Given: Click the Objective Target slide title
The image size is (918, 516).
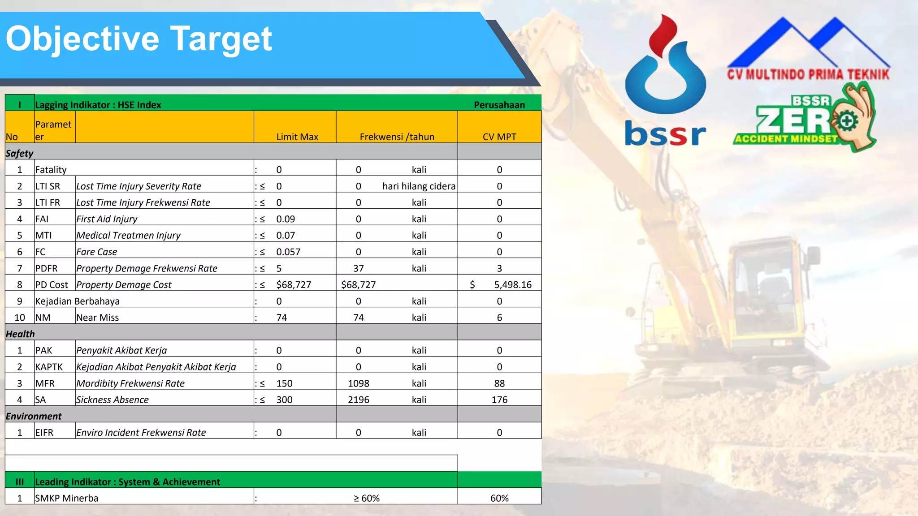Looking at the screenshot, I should coord(139,39).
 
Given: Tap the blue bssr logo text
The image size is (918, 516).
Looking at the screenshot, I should coord(665,133).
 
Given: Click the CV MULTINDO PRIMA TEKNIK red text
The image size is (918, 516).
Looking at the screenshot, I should coord(808,74).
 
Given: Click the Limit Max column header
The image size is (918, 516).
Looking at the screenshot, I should coord(297,137).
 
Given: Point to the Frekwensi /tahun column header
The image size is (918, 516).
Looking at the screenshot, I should coord(397,137).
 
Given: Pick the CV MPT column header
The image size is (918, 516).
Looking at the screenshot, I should coord(499,137).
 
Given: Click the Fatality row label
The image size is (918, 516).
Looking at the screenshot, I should coord(51,170).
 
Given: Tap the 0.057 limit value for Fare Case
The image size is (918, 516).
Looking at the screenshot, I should coord(288,252).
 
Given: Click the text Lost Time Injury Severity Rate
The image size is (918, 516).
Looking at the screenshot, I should coord(139,186).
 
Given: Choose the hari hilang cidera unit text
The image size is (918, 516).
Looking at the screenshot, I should coord(419,186).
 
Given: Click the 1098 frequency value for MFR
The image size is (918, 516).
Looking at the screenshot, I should coord(358,383).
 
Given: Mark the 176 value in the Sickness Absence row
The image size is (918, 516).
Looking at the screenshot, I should coord(499,400).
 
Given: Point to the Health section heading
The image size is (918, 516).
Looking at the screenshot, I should coord(20,334).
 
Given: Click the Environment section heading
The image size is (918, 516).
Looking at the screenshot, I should coord(34,416).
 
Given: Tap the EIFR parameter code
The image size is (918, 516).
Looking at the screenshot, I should coord(44,433).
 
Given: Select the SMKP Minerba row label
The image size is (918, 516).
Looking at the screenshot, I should coord(66,498).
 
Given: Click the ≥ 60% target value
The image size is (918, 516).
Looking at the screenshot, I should coord(366,498).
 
